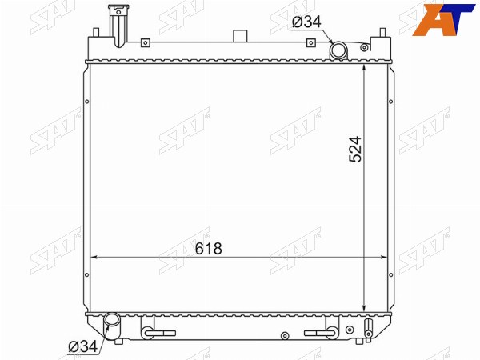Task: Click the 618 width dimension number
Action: (209, 249)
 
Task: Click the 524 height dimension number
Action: (355, 149)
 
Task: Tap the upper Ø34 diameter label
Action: (306, 22)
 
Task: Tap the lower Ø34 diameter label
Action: (82, 346)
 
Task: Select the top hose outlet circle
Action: (338, 50)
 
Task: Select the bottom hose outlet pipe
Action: (111, 325)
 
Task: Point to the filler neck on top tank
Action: (118, 26)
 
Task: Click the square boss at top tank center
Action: (240, 36)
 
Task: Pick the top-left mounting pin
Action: (96, 32)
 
